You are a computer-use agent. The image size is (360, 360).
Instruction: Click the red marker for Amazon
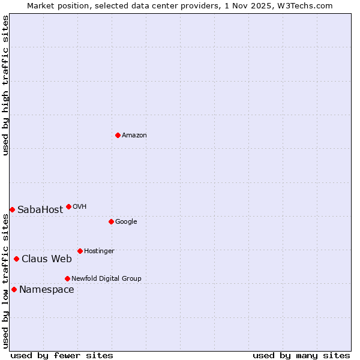[x=118, y=135]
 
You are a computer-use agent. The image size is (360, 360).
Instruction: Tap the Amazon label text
[x=134, y=136]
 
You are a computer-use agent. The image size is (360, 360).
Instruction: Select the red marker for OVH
[x=68, y=206]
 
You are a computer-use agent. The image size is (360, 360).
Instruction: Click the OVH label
[x=80, y=207]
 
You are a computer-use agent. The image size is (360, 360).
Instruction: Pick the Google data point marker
[x=111, y=221]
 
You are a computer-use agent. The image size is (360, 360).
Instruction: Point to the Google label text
[x=126, y=222]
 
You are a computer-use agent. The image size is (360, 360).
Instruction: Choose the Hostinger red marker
[x=80, y=251]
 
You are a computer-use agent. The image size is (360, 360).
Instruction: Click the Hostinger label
[x=99, y=251]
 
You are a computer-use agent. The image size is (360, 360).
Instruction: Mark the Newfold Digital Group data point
[x=67, y=278]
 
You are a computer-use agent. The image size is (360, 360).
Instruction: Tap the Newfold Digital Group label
[x=106, y=279]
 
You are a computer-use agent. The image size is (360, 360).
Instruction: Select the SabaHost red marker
[x=12, y=209]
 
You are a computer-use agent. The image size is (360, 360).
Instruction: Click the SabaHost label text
[x=40, y=210]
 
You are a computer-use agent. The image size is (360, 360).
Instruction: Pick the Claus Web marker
[x=16, y=259]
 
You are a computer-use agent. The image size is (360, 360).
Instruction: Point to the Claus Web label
[x=47, y=259]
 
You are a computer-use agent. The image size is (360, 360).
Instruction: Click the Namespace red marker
[x=14, y=289]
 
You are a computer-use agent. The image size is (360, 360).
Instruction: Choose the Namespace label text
[x=47, y=290]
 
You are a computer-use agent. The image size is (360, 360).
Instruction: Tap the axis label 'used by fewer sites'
[x=62, y=356]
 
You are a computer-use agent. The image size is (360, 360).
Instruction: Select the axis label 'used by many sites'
[x=301, y=356]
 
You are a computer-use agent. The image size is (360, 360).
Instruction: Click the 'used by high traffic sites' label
[x=5, y=85]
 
